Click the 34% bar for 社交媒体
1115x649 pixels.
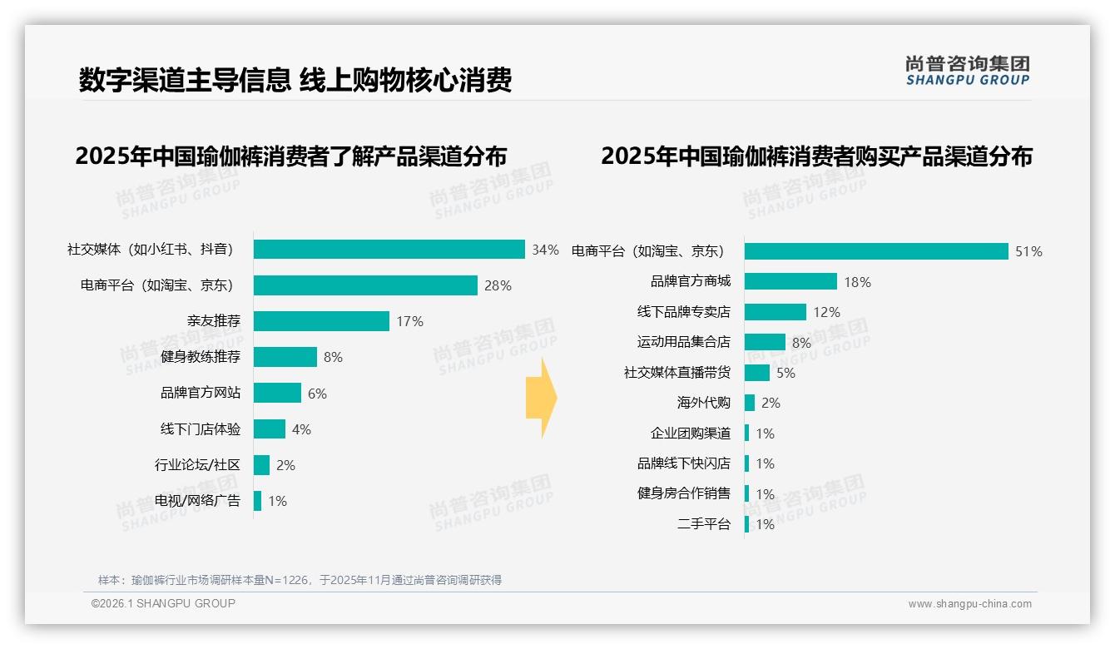point(389,250)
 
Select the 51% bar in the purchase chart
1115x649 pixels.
point(876,251)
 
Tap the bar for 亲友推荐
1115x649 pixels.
point(321,321)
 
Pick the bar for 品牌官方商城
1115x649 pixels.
point(790,281)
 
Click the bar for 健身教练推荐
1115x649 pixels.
point(285,357)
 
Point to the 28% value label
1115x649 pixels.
point(498,286)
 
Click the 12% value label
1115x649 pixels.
point(826,312)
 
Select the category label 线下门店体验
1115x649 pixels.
point(201,429)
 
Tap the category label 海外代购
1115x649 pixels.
point(704,403)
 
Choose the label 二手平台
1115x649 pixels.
point(704,524)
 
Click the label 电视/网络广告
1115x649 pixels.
point(197,501)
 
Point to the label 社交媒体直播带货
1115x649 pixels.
point(677,373)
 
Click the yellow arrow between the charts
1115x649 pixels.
point(541,398)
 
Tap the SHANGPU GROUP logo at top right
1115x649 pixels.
point(967,71)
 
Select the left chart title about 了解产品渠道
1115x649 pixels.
point(290,156)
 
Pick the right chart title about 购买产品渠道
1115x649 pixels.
point(816,156)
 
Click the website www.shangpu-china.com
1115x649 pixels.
point(969,604)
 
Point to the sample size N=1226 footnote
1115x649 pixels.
point(300,580)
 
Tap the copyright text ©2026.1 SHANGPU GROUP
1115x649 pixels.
point(163,603)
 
